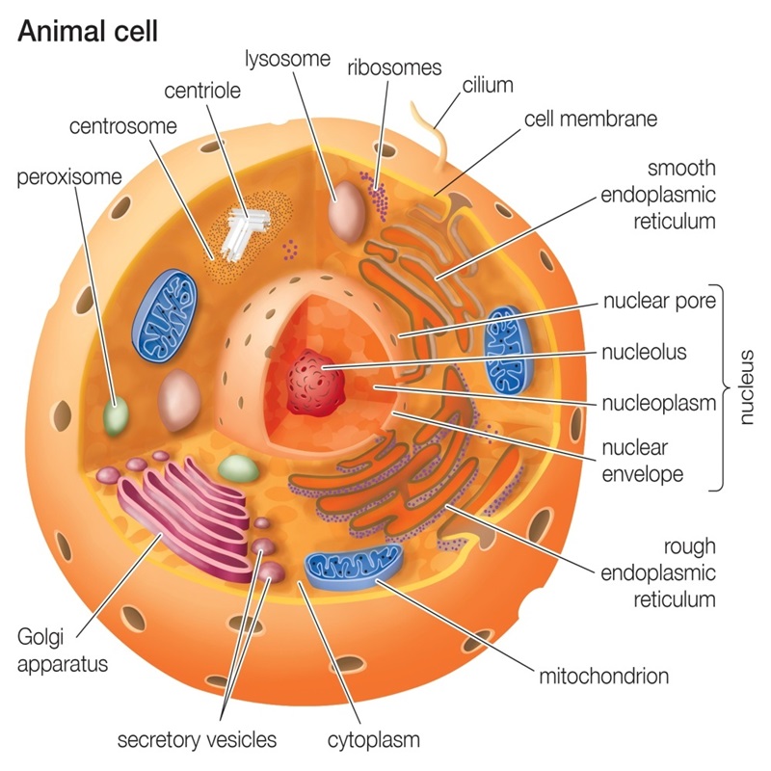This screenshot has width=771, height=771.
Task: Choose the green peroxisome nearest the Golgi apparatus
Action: pyautogui.click(x=239, y=468)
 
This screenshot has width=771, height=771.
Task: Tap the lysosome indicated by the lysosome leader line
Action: pyautogui.click(x=347, y=212)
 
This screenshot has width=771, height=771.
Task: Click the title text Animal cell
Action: pyautogui.click(x=88, y=32)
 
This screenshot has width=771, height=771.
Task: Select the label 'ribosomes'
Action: pyautogui.click(x=394, y=67)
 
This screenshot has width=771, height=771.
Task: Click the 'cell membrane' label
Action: pyautogui.click(x=591, y=119)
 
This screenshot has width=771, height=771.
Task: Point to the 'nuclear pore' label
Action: pyautogui.click(x=659, y=301)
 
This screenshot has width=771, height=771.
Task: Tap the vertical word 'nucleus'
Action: pyautogui.click(x=746, y=387)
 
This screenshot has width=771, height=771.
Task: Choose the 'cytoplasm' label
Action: pyautogui.click(x=374, y=740)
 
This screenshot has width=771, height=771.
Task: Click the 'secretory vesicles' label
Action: pyautogui.click(x=197, y=739)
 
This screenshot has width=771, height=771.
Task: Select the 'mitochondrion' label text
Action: pyautogui.click(x=604, y=677)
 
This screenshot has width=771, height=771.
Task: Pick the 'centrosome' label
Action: pyautogui.click(x=123, y=126)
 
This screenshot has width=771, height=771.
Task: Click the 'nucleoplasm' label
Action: pyautogui.click(x=659, y=403)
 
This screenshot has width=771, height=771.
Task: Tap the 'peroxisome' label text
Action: pyautogui.click(x=69, y=177)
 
